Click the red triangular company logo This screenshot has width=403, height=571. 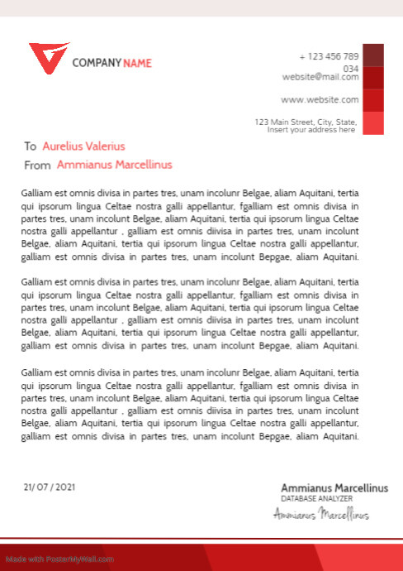(x=49, y=58)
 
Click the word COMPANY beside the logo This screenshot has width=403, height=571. (x=97, y=63)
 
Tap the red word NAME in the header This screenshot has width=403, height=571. (x=137, y=63)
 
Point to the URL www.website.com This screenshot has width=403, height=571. (x=320, y=100)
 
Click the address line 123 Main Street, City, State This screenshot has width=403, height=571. (x=306, y=122)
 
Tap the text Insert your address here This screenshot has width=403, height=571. (x=311, y=130)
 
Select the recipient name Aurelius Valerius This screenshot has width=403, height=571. (x=83, y=146)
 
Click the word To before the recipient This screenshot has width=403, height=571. (x=31, y=146)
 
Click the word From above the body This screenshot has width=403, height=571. (x=38, y=165)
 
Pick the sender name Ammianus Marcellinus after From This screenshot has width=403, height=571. (x=114, y=165)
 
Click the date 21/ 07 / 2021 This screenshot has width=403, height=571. (x=50, y=487)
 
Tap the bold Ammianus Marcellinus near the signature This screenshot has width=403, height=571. (x=334, y=488)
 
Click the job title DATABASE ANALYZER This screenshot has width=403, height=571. (x=316, y=499)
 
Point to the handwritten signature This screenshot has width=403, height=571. (x=321, y=515)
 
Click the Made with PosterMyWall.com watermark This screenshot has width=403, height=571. (x=58, y=559)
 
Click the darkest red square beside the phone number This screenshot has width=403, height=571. (x=374, y=55)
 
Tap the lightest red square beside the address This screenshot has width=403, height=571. (x=374, y=122)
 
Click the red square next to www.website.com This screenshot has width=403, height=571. (x=374, y=100)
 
